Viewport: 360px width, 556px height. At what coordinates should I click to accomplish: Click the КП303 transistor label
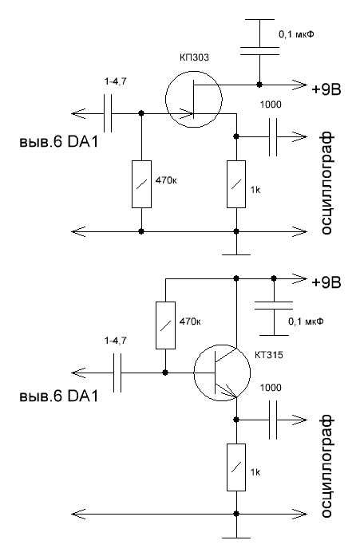pos(194,57)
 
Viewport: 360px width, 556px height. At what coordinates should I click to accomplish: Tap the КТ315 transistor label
pos(269,355)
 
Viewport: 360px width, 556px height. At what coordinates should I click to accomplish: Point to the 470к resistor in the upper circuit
pos(141,184)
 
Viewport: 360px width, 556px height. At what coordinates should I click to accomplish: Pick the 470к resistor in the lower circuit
pos(165,325)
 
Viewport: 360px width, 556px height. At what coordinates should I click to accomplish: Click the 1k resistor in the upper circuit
pos(236,184)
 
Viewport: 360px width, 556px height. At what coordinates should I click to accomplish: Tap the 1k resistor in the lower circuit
pos(236,467)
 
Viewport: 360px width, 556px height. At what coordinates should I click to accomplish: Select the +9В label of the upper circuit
pos(326,89)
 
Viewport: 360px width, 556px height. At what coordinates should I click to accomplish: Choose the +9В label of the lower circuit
pos(326,282)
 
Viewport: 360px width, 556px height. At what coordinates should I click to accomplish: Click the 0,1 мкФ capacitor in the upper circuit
pos(259,51)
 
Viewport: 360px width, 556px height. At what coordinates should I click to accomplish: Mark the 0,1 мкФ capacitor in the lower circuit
pos(274,306)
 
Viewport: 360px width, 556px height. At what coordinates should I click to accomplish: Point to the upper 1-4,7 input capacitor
pos(108,113)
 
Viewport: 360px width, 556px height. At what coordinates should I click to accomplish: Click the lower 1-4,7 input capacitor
pos(117,373)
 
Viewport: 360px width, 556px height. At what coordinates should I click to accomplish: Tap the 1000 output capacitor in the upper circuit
pos(273,137)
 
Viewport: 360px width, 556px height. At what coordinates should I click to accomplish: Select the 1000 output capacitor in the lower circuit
pos(273,420)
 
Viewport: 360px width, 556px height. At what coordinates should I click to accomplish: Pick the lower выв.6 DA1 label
pos(58,396)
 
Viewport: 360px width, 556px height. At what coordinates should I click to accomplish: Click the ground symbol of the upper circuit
pos(236,254)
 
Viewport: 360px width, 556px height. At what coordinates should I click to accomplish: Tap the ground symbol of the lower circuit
pos(236,538)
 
